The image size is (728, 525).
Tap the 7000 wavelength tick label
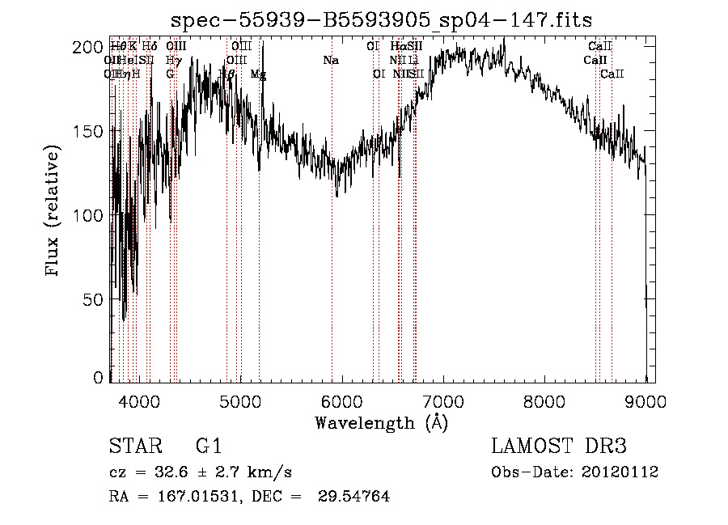pyautogui.click(x=443, y=400)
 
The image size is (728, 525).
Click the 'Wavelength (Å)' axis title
pyautogui.click(x=381, y=422)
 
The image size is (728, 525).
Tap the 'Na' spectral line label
pyautogui.click(x=331, y=61)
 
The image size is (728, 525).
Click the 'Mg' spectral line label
pyautogui.click(x=258, y=74)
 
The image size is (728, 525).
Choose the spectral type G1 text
pyautogui.click(x=208, y=447)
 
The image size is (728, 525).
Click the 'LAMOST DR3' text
pyautogui.click(x=559, y=447)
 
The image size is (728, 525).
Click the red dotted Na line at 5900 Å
pyautogui.click(x=332, y=243)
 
